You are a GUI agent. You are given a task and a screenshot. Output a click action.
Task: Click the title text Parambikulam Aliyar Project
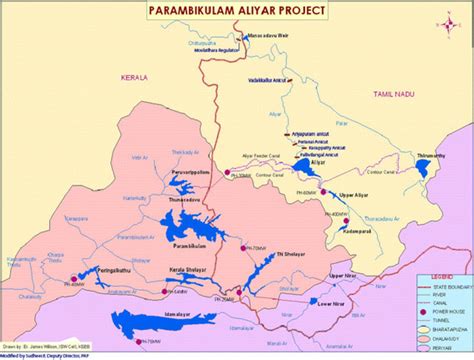(236, 10)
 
